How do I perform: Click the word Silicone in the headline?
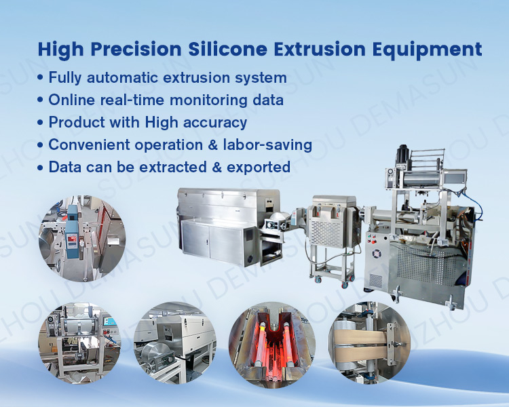point(228,49)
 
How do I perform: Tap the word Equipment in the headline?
point(427,50)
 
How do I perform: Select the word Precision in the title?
point(136,49)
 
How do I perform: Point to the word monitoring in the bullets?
point(208,100)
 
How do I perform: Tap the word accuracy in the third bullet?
point(215,123)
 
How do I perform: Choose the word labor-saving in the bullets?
point(267,144)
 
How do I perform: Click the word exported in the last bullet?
point(259,167)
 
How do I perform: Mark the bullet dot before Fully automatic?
point(40,78)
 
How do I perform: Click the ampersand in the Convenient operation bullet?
point(212,144)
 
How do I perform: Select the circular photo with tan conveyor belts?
point(369,343)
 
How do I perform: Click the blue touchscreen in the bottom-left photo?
point(111,322)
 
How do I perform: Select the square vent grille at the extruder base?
point(376,280)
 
